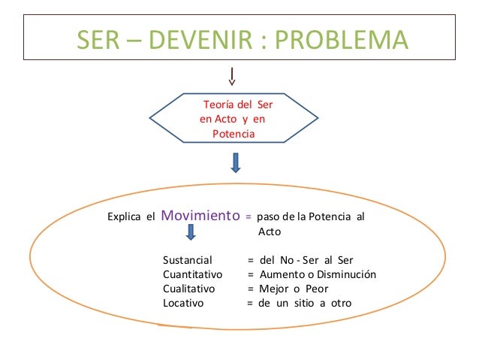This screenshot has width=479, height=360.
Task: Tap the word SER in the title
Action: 98,39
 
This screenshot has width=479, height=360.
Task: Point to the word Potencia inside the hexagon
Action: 233,134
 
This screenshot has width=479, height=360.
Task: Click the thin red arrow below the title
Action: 233,76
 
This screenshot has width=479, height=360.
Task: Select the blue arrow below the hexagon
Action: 236,162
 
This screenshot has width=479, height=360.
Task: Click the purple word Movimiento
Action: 200,216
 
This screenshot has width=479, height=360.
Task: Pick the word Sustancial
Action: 188,260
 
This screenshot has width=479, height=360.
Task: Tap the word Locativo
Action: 184,303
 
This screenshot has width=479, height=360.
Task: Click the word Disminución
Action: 345,274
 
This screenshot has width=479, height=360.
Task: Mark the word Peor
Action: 316,289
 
